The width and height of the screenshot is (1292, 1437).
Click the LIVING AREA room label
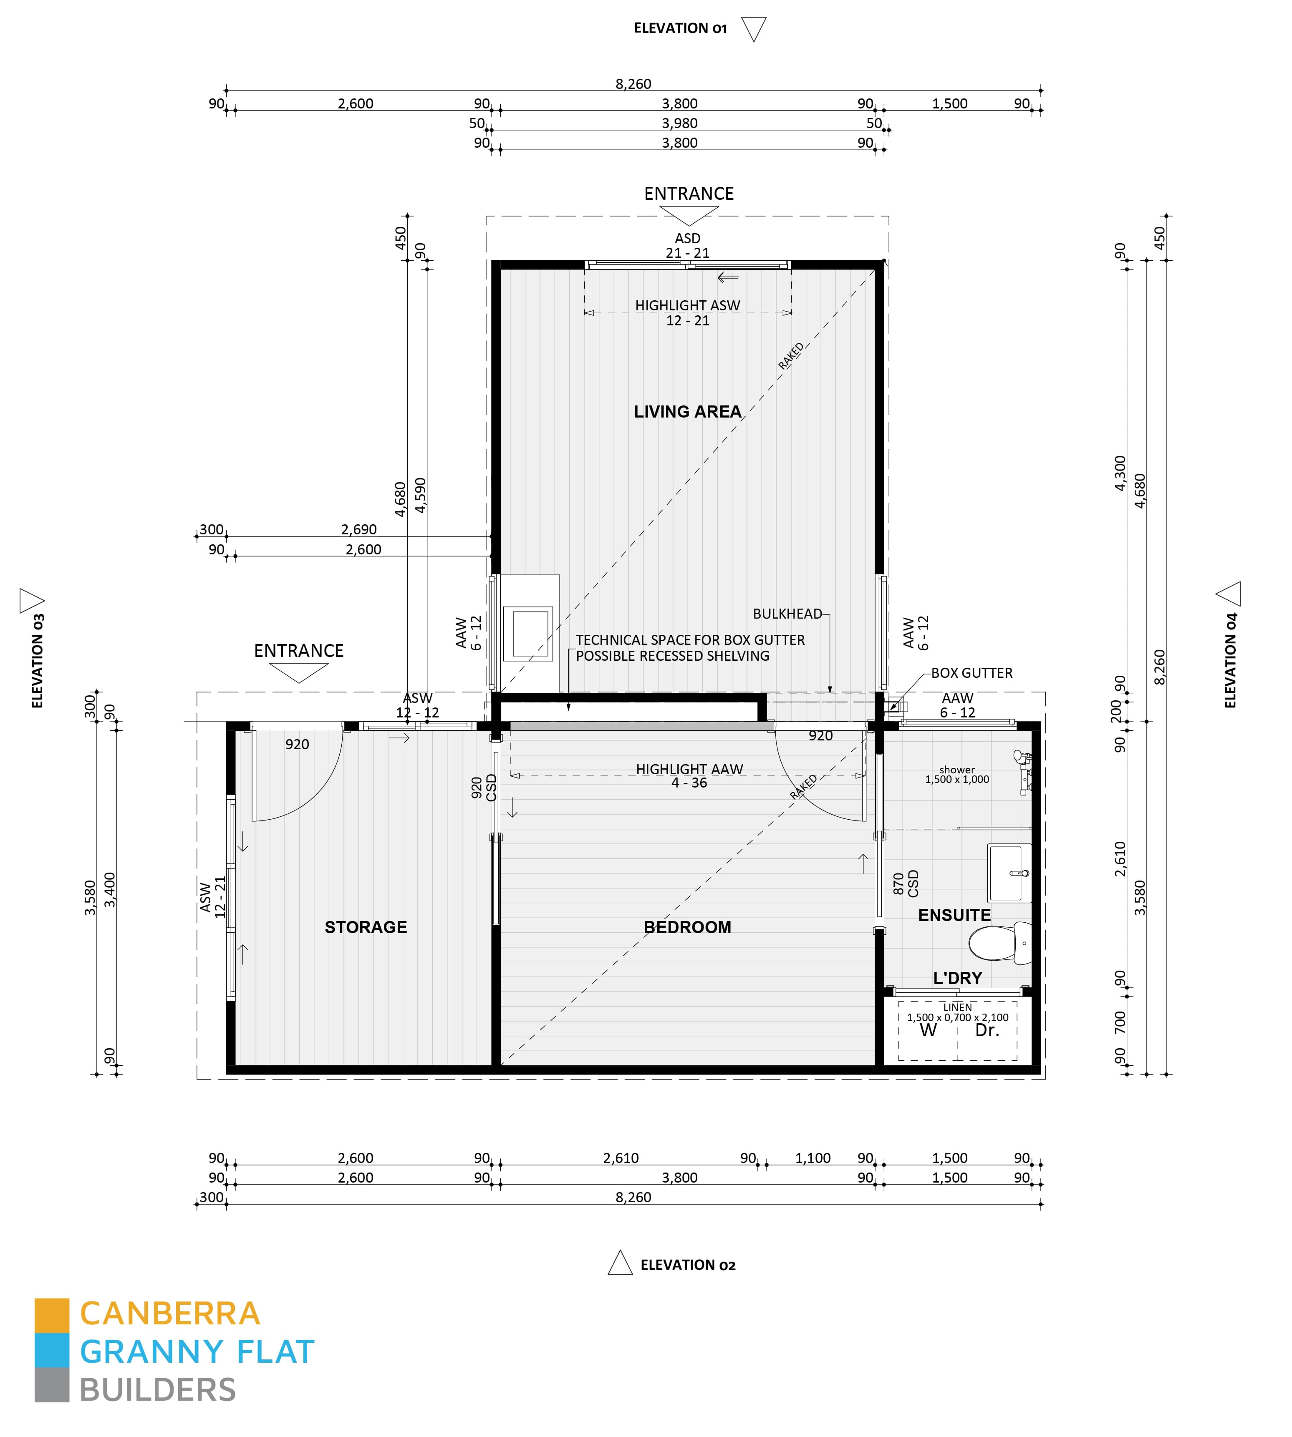(x=687, y=412)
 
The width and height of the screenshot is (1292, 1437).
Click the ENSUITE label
(x=954, y=916)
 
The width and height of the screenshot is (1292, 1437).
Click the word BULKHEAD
(x=787, y=614)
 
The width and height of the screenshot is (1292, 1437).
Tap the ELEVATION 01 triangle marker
(x=753, y=28)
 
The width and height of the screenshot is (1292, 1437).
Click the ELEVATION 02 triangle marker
(x=621, y=1264)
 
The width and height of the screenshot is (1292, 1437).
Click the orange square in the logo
(x=52, y=1315)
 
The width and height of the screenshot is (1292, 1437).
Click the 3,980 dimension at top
(x=679, y=123)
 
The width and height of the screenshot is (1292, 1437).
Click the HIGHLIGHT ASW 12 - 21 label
(x=687, y=313)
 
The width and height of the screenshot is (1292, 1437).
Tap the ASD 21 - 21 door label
(x=687, y=246)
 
